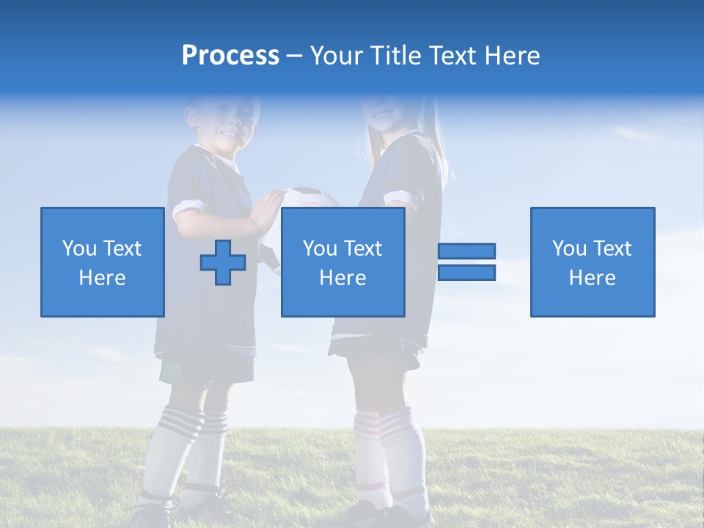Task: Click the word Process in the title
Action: [230, 56]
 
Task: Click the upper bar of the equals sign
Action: [466, 252]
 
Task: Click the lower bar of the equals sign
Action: [466, 273]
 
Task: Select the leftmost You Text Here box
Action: [102, 262]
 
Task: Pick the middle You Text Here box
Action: [342, 262]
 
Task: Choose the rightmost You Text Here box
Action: [592, 262]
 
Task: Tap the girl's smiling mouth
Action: [383, 115]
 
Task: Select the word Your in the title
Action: [336, 56]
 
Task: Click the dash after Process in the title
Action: [294, 56]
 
